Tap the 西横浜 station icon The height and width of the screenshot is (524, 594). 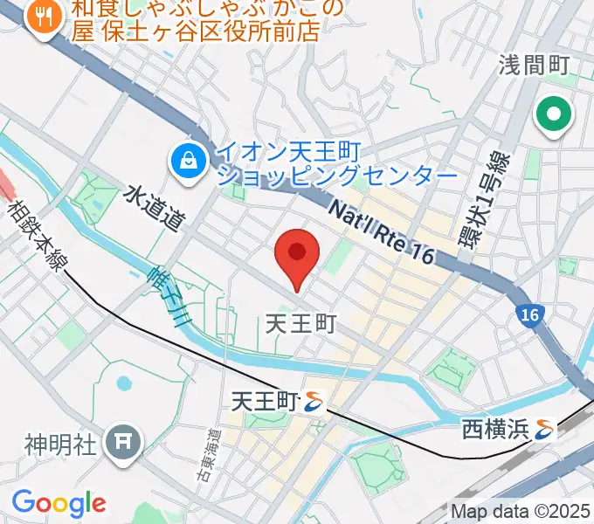(x=546, y=430)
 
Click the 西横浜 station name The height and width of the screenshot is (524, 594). (x=495, y=430)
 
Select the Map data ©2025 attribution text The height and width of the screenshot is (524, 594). (x=521, y=510)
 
